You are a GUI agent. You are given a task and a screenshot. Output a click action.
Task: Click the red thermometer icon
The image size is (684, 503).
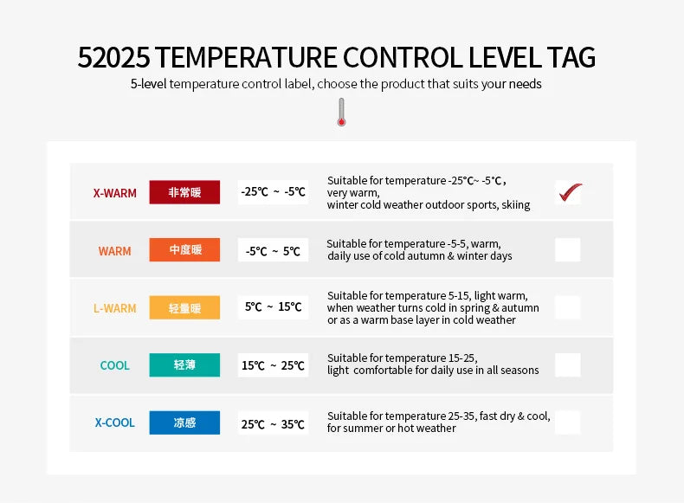[x=341, y=113]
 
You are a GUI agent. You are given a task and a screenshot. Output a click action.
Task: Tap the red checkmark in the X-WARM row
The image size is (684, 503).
[x=569, y=191]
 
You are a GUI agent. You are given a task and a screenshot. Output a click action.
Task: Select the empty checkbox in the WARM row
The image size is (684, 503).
[x=568, y=250]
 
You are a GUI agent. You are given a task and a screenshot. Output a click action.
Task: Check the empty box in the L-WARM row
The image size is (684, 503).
[x=568, y=307]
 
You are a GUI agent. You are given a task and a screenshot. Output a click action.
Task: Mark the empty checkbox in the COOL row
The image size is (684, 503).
[x=568, y=364]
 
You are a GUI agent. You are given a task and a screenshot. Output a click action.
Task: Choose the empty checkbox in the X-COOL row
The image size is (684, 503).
[x=568, y=422]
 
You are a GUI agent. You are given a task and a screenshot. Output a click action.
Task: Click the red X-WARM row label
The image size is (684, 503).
[x=115, y=193]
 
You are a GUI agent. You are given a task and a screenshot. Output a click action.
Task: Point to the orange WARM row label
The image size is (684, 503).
[x=114, y=251]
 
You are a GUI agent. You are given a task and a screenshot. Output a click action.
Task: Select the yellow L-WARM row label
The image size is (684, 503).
[x=114, y=308]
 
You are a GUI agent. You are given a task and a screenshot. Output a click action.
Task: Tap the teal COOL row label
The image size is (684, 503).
[x=114, y=365]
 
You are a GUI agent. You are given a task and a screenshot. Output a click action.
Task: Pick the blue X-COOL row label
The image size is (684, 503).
[x=114, y=422]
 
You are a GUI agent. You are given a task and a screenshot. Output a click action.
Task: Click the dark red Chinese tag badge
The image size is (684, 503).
[x=184, y=192]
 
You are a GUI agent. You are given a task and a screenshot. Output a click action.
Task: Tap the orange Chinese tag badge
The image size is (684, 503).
[x=184, y=250]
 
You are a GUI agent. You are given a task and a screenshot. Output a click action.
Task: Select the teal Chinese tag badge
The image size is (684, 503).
[x=184, y=364]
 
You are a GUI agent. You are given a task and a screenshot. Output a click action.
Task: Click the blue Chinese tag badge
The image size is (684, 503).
[x=184, y=422]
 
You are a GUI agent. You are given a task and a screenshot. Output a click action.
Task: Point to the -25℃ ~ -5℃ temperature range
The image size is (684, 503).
[x=273, y=192]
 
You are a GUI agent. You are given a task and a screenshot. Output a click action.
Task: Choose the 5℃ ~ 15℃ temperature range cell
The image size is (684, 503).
[x=273, y=307]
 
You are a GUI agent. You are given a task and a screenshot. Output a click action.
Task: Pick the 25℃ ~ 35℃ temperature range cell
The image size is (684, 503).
[x=273, y=424]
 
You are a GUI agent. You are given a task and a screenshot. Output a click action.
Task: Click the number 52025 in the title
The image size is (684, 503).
[x=114, y=57]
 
